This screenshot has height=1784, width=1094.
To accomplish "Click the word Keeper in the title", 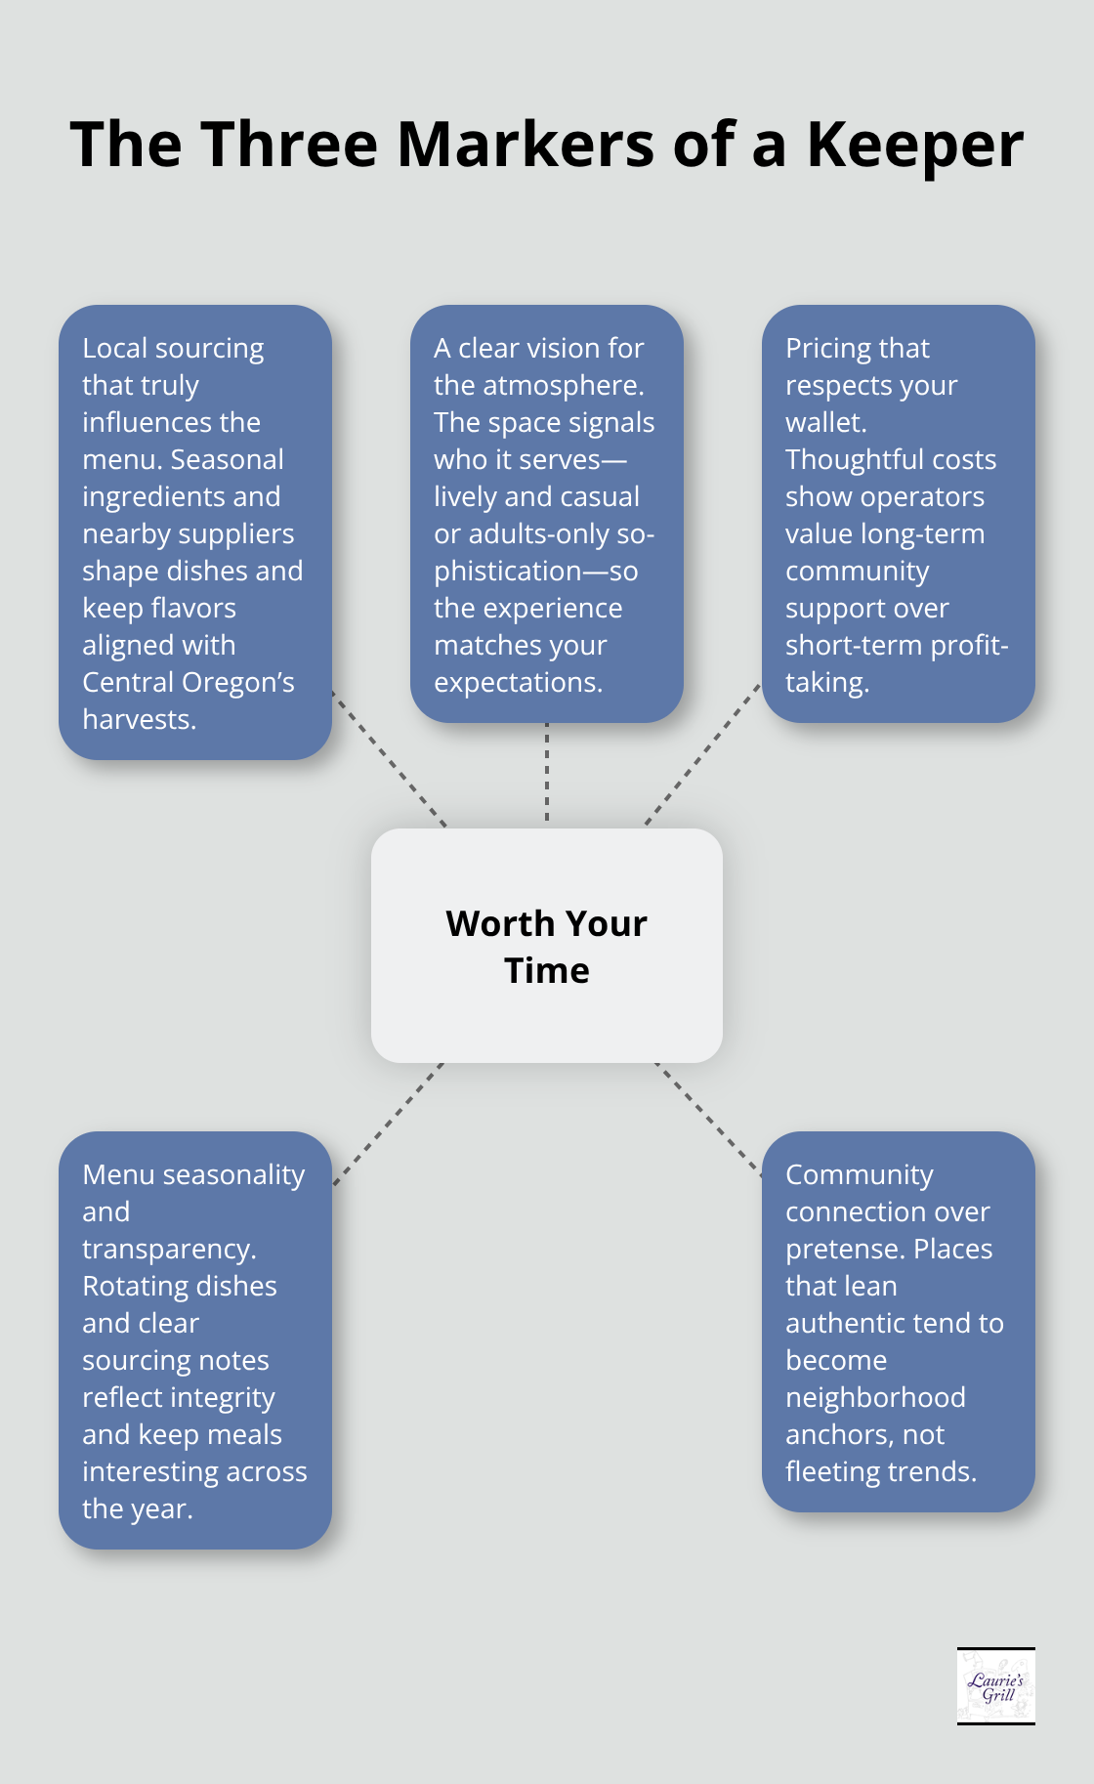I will point(915,145).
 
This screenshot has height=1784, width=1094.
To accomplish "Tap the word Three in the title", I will point(290,145).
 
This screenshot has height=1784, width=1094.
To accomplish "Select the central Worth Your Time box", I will point(547,946).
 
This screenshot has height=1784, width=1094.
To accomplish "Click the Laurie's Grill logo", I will point(995,1686).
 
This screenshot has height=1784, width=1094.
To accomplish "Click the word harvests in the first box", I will point(138,719).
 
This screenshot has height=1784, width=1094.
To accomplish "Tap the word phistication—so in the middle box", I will point(535,571).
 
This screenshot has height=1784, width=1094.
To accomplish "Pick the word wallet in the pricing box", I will point(824,422).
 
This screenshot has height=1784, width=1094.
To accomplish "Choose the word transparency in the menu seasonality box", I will point(168,1249).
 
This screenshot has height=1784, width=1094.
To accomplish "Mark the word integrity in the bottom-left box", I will point(227,1397).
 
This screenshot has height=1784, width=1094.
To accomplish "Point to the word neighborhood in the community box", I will point(875,1397).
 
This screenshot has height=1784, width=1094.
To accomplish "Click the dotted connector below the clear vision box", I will point(547,774).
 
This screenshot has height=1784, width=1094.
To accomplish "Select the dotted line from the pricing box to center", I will point(702,754).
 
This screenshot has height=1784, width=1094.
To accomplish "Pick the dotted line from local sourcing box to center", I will point(390,760).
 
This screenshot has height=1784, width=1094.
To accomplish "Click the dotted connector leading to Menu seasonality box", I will point(388,1124).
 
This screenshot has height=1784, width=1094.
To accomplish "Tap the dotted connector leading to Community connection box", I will point(708,1119).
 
